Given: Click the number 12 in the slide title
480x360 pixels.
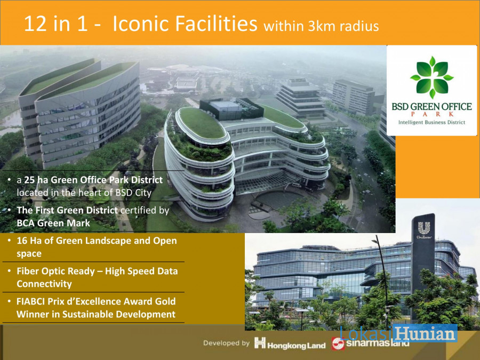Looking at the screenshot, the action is tap(35, 23).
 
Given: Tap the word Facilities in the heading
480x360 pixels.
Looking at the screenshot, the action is tap(216, 23).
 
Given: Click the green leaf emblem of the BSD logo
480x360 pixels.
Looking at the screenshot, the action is tap(431, 77).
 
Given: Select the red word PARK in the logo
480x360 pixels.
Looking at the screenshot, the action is tap(431, 114).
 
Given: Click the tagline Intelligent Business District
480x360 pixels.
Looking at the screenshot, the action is tap(431, 123).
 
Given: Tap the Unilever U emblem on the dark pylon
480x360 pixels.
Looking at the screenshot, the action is tap(425, 228).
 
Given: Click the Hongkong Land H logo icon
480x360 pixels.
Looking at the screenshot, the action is tap(260, 342).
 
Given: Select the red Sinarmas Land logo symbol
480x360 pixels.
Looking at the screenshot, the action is tap(338, 343).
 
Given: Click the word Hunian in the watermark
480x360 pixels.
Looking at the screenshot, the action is tap(425, 333).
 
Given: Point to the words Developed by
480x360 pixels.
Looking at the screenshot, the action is tap(226, 343).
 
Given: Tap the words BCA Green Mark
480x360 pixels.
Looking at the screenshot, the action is tap(53, 223).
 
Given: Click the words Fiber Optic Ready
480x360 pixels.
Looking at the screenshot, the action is tap(55, 271).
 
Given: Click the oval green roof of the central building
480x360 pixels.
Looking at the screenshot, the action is tap(201, 123).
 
